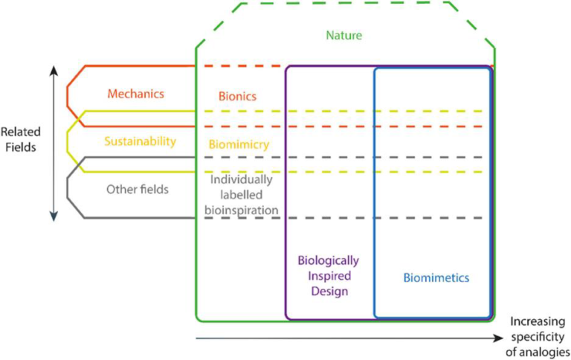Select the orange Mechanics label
point(135,94)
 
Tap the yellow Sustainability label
point(140,141)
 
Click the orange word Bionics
point(237,97)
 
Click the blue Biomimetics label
point(436,277)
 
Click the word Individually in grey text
point(241,179)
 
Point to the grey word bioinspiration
point(241,210)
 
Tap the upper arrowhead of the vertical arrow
point(53,69)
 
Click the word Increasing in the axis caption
point(539,322)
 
